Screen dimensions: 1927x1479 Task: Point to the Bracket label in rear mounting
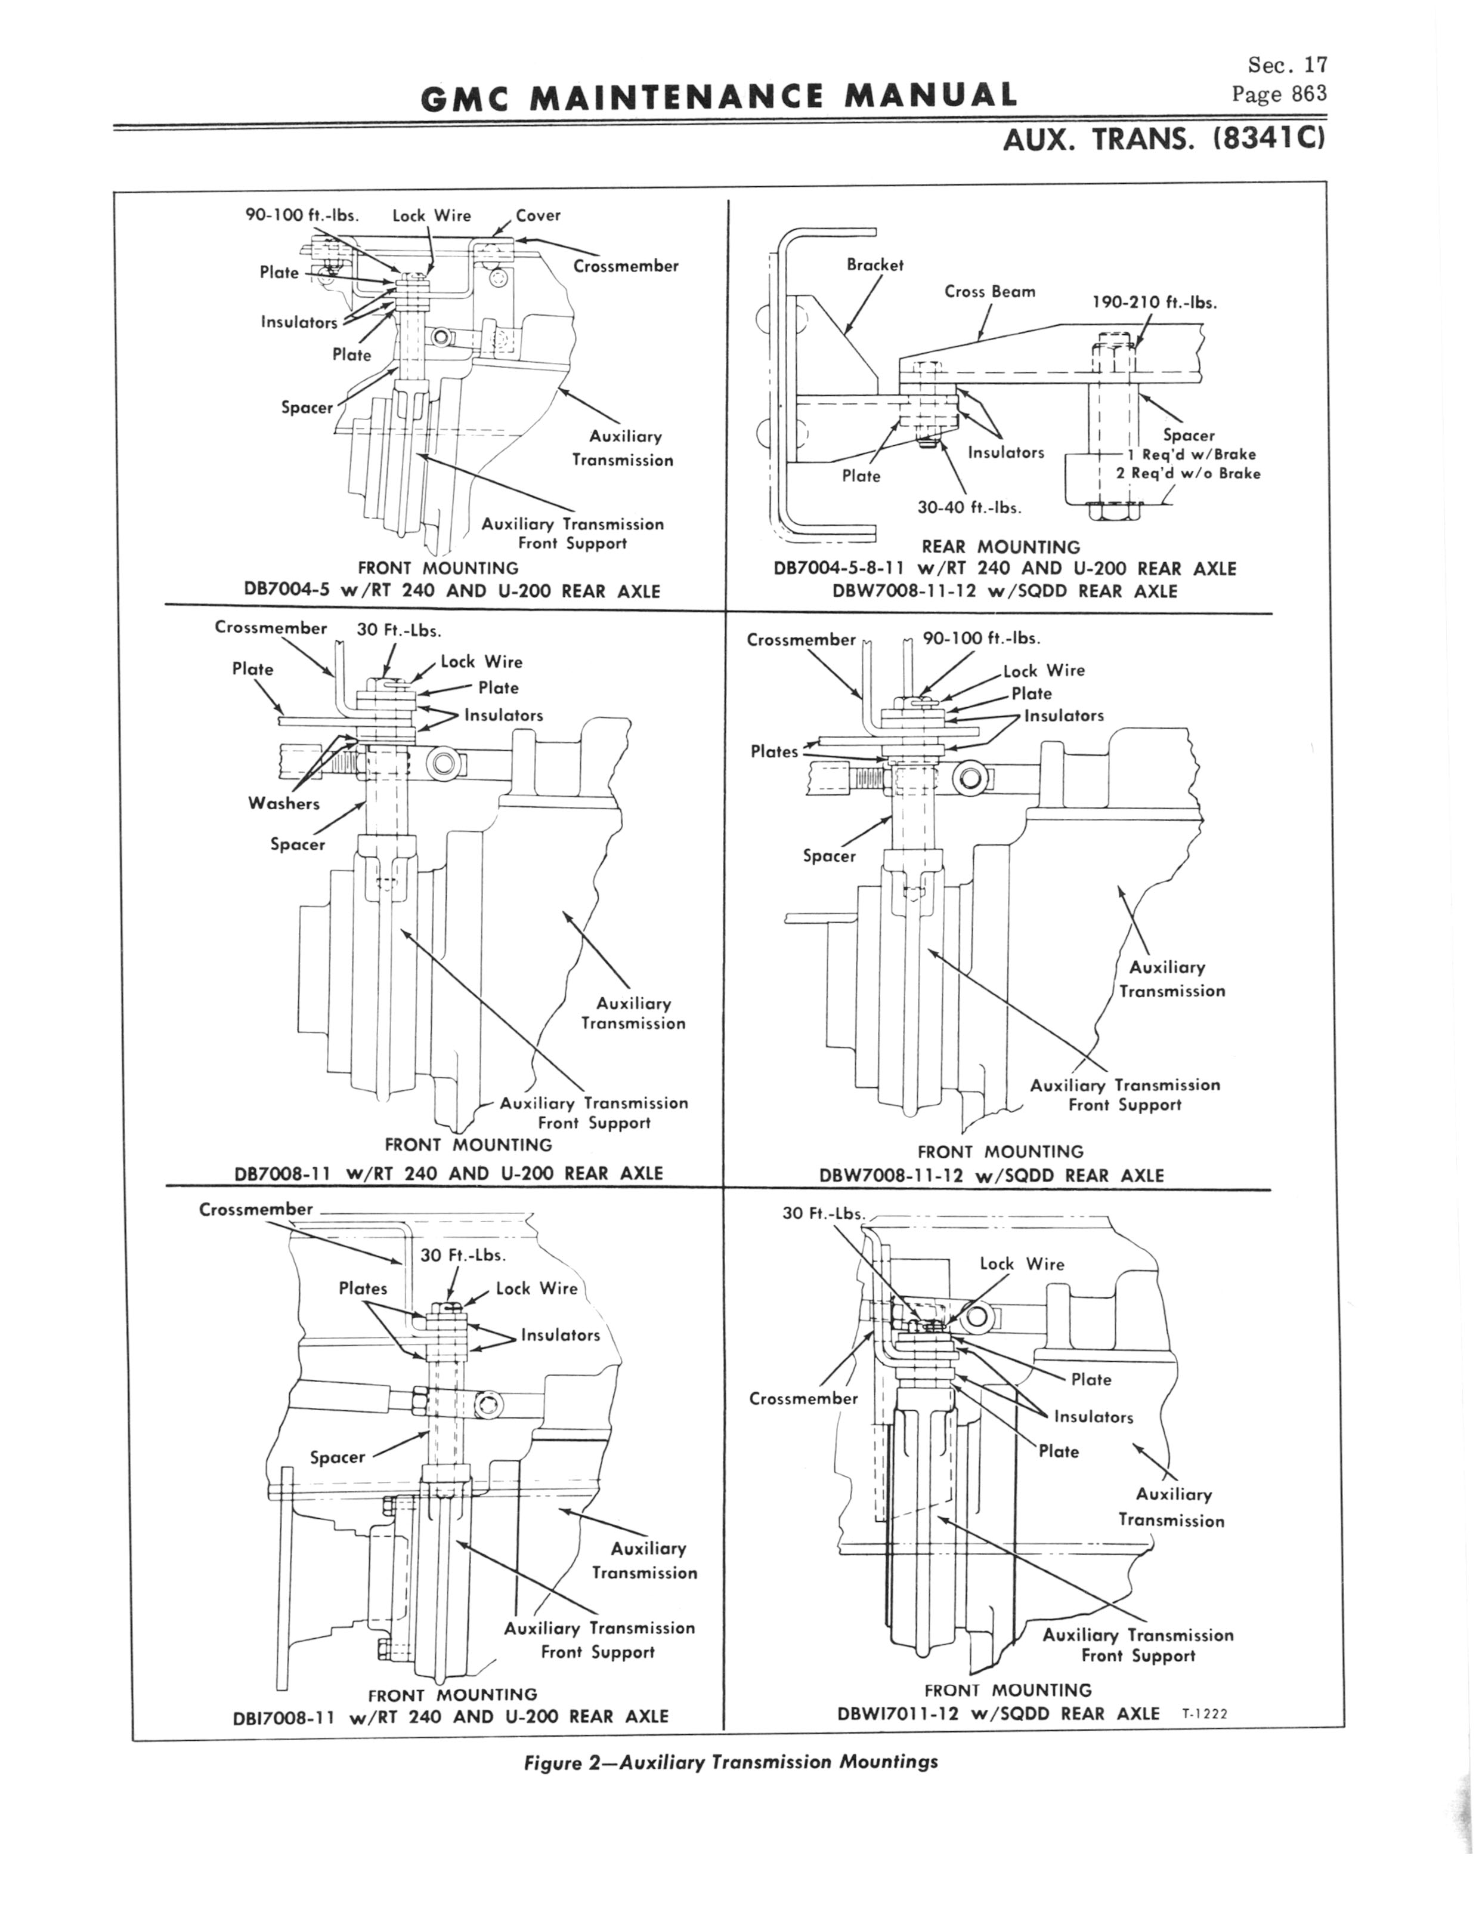pos(874,264)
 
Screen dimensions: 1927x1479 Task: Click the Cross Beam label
pos(989,291)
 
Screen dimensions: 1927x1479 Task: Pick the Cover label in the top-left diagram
pos(538,215)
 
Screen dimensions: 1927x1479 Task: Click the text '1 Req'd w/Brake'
pos(1191,455)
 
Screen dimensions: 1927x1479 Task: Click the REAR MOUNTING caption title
pos(1000,547)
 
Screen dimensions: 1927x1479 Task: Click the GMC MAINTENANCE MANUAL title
pos(719,95)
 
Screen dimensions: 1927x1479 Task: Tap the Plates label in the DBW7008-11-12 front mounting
pos(774,751)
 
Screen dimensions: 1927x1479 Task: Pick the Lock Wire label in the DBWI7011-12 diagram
pos(1021,1264)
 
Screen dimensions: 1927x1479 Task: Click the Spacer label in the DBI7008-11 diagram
pos(337,1457)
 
